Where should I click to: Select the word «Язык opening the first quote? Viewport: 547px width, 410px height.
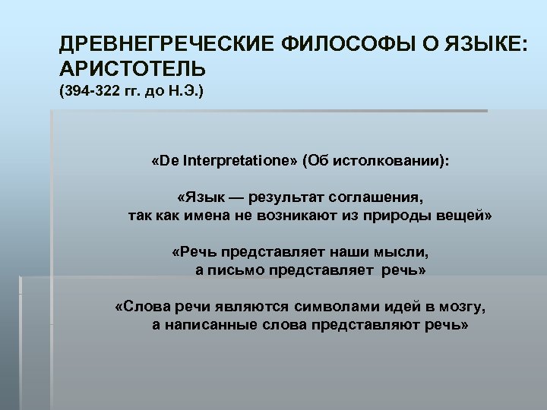pyautogui.click(x=198, y=197)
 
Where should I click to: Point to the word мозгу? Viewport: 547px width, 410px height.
pyautogui.click(x=461, y=307)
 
